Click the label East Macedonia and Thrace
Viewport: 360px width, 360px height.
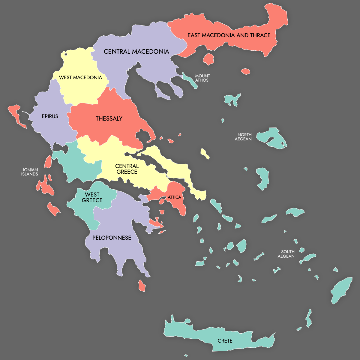pos(229,35)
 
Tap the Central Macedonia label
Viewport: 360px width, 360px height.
pos(136,52)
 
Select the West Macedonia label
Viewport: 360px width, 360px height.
pos(80,78)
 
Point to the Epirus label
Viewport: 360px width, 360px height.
pos(50,116)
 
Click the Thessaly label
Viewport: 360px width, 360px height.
pos(109,118)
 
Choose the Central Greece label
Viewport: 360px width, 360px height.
pos(127,169)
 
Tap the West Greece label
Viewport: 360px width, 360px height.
pos(92,197)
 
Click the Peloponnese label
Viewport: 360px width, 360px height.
pos(112,238)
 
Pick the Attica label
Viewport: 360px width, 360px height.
pos(174,197)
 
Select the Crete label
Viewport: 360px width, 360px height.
pos(225,341)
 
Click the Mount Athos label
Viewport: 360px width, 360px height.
pos(202,78)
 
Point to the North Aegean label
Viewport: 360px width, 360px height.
pos(243,137)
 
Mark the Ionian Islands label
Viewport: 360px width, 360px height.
pos(30,172)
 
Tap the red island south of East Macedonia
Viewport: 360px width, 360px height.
pos(208,59)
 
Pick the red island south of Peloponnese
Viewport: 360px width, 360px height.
pos(142,286)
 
